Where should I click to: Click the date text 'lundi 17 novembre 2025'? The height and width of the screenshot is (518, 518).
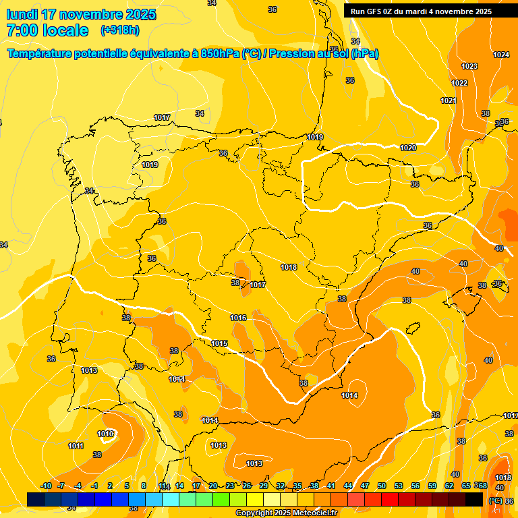tap(81, 14)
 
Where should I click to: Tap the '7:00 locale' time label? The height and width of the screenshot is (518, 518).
tap(47, 30)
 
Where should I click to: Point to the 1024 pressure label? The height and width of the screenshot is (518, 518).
tap(501, 55)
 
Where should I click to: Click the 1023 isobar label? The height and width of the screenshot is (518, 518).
tap(469, 66)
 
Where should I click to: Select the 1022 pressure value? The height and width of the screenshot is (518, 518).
tap(459, 83)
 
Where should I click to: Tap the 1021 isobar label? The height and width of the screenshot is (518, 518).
tap(449, 100)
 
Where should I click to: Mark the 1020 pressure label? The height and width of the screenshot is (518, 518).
tap(408, 148)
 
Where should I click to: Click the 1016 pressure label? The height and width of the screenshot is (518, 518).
tap(238, 318)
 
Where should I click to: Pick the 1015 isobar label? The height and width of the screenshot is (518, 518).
tap(219, 343)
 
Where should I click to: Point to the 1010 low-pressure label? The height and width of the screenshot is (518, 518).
tap(105, 434)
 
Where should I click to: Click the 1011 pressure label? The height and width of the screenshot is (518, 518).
tap(76, 446)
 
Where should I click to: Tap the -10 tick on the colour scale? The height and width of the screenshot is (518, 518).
tap(46, 486)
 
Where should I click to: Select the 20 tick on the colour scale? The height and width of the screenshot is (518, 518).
tap(212, 486)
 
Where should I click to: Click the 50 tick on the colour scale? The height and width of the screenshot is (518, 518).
tap(382, 486)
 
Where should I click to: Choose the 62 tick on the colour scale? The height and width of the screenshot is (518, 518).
tap(449, 486)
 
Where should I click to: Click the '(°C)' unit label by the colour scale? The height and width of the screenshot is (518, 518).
tap(495, 500)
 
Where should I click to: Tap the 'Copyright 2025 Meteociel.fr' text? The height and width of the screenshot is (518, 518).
tap(286, 513)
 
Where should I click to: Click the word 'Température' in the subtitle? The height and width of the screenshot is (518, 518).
tap(40, 53)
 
